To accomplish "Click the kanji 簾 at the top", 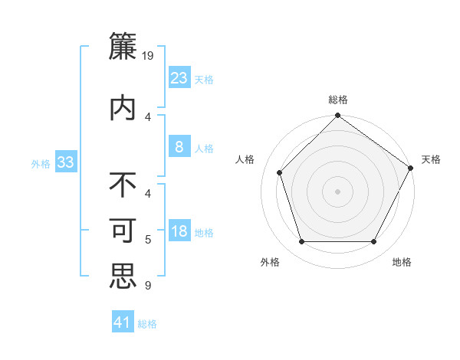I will click(x=123, y=48).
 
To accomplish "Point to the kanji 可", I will click(x=123, y=231).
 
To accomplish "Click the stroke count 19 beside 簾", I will click(x=149, y=55).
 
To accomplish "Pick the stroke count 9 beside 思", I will click(x=147, y=286).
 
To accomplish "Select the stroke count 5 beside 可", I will click(x=147, y=240).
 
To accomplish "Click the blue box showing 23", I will click(x=179, y=78).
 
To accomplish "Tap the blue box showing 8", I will click(x=179, y=147).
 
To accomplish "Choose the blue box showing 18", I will click(x=179, y=231).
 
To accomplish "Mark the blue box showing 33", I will click(x=65, y=162).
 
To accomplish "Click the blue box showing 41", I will click(x=123, y=322).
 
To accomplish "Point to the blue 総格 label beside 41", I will click(x=148, y=324).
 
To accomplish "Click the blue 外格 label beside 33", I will click(x=41, y=163).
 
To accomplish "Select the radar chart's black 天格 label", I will click(x=431, y=159).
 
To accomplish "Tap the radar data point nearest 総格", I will click(x=337, y=116).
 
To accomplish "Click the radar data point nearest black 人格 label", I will click(x=280, y=172).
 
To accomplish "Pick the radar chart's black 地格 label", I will click(x=402, y=262).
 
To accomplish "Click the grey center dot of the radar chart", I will click(x=337, y=191).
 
